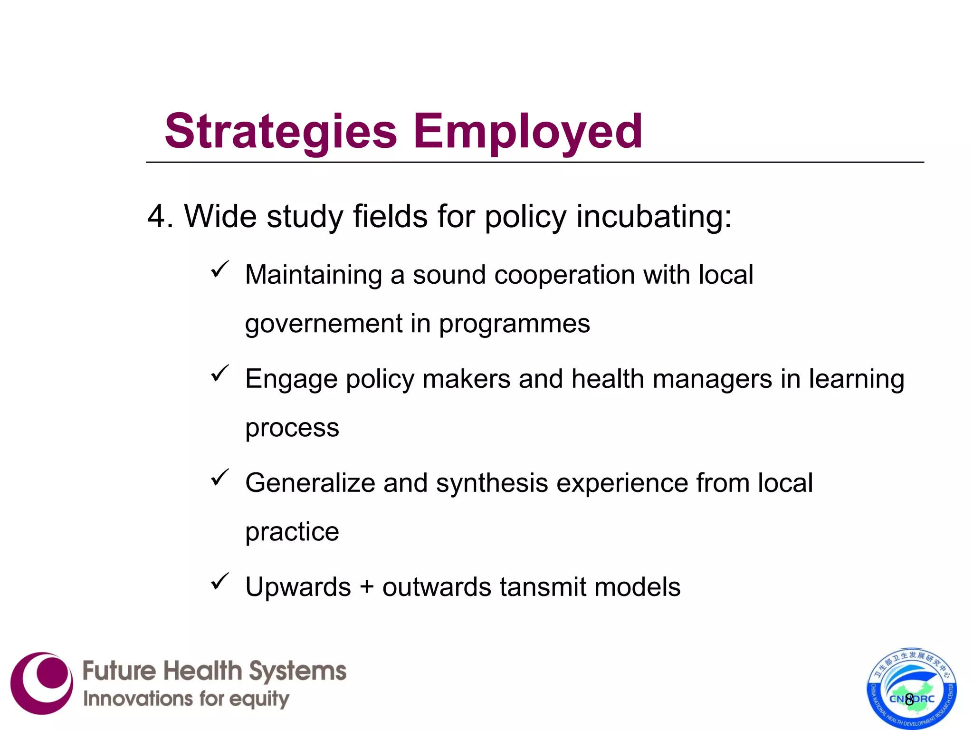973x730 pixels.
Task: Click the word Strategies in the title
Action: tap(280, 132)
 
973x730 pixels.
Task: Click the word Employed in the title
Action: tap(527, 132)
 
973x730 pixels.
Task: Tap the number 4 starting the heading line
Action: tap(157, 217)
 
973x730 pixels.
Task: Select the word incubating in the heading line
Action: tap(653, 217)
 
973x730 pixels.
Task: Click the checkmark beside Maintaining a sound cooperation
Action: tap(220, 269)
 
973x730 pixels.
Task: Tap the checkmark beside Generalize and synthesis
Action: tap(220, 477)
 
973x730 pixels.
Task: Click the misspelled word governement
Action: tap(324, 324)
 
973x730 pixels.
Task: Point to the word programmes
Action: tap(514, 324)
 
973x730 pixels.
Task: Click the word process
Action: tap(292, 428)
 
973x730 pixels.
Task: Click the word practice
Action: tap(292, 531)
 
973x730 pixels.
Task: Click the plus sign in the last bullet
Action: tap(366, 587)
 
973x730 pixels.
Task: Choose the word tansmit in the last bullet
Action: tap(543, 587)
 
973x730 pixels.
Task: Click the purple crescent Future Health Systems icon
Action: tap(42, 683)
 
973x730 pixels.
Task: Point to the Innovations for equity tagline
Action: tap(186, 699)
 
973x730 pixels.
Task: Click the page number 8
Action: tap(909, 699)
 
